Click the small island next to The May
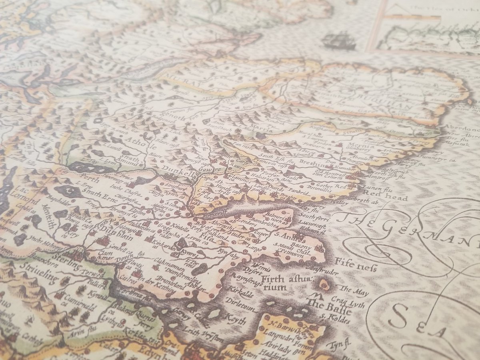coord(324,285)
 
